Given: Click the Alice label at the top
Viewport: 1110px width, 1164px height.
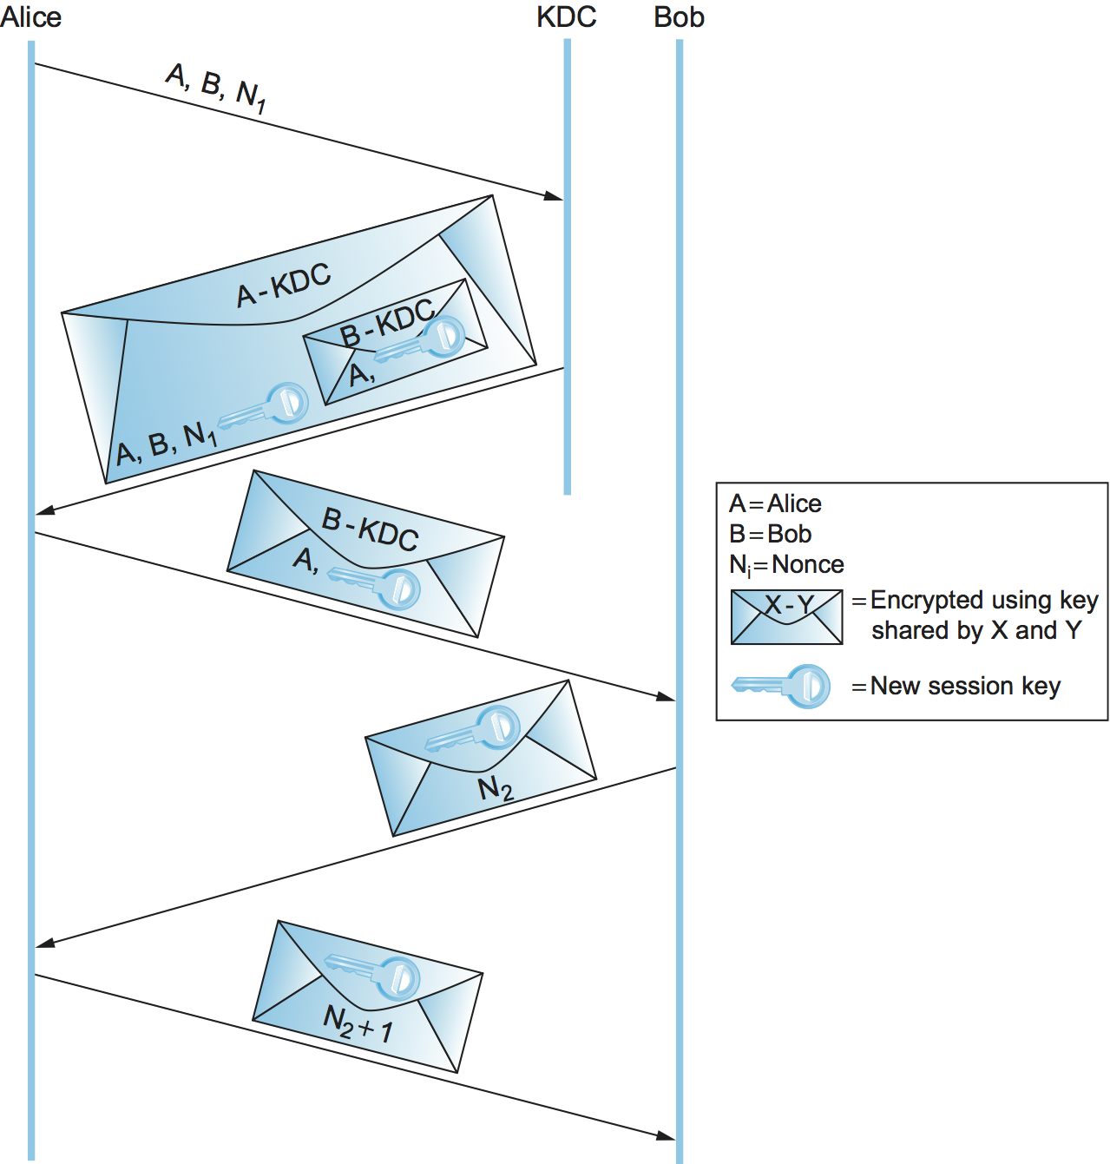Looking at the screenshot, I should pos(31,17).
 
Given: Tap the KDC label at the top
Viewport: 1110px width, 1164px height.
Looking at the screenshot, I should pos(566,17).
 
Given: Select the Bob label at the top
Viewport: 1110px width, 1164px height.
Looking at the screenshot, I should pos(679,17).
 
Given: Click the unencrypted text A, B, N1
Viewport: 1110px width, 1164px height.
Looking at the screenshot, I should pos(216,87).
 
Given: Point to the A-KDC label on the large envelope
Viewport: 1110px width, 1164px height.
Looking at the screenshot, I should pos(284,285).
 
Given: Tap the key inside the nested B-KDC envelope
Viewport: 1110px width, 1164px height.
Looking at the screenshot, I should pos(425,341).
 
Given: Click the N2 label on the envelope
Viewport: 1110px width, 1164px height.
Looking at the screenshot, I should pos(496,788).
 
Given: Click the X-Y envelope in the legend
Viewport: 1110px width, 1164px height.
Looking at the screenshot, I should pos(786,617).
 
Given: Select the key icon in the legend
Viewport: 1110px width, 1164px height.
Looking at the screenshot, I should pos(781,686).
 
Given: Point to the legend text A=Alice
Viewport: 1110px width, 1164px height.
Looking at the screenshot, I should pos(775,503).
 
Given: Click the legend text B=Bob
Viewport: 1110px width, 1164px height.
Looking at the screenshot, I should pos(770,534).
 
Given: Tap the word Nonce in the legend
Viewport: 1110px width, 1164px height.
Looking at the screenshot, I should pos(808,565).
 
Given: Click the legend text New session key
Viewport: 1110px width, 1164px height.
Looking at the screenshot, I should pos(965,686).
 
